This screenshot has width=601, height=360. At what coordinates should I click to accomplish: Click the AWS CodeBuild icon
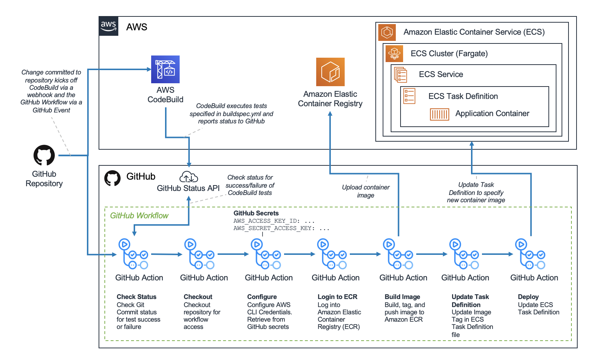165,69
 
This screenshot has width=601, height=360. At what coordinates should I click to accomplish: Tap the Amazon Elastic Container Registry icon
330,72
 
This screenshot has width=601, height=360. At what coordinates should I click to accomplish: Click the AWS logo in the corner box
108,26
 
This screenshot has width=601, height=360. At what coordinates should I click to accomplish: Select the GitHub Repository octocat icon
44,156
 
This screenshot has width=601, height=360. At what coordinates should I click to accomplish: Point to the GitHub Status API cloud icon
188,177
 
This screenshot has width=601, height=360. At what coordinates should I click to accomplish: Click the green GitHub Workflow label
139,215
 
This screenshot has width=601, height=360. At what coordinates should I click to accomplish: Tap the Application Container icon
439,114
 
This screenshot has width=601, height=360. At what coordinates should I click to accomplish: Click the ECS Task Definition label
463,96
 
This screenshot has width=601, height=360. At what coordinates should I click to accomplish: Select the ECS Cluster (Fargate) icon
394,54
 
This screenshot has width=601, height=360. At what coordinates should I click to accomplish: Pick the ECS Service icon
401,74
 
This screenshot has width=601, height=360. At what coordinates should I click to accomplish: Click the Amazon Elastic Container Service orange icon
387,32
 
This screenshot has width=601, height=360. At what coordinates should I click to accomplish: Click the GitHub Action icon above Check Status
133,254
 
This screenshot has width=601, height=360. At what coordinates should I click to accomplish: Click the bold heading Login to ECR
337,297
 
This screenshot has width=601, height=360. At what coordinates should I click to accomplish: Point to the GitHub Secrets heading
256,213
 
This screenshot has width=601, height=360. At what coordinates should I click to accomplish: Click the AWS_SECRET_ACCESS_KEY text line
281,228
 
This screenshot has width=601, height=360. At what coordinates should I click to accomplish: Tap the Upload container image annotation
365,191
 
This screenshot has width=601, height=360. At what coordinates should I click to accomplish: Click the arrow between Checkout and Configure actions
233,254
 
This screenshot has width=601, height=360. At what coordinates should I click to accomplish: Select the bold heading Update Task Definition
470,301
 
